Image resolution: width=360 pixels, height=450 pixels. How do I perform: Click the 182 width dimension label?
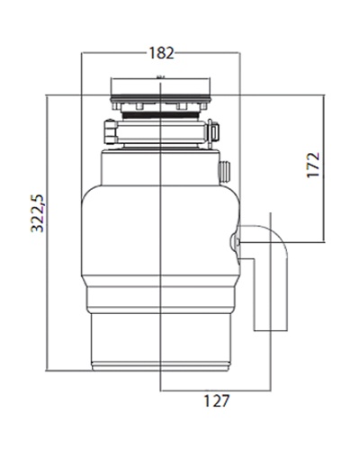(x=161, y=53)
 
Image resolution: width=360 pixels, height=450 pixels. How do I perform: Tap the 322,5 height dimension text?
(x=38, y=213)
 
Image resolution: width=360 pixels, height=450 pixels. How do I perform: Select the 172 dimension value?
(x=314, y=165)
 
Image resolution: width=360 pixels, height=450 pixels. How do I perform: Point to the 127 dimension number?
(x=217, y=400)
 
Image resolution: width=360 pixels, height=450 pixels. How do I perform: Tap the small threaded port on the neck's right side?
(x=224, y=172)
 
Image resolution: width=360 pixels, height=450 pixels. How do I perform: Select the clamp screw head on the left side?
(x=111, y=131)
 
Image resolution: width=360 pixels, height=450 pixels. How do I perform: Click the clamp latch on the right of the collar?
(x=212, y=131)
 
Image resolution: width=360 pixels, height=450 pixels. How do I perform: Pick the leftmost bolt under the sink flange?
(x=115, y=106)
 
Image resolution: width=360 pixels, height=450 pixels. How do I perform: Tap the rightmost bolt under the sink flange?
(x=204, y=106)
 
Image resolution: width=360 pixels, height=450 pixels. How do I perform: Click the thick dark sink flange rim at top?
(x=160, y=98)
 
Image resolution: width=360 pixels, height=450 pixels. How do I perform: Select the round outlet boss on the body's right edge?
(x=235, y=240)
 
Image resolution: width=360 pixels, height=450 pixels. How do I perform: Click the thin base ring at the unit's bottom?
(x=161, y=367)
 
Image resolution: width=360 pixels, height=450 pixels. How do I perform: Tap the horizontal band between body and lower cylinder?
(x=161, y=297)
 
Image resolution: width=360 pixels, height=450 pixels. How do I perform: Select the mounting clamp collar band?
(x=161, y=131)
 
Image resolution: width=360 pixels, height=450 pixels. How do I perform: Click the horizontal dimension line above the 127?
(x=215, y=391)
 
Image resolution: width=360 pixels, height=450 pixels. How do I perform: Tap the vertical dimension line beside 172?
(x=324, y=168)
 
